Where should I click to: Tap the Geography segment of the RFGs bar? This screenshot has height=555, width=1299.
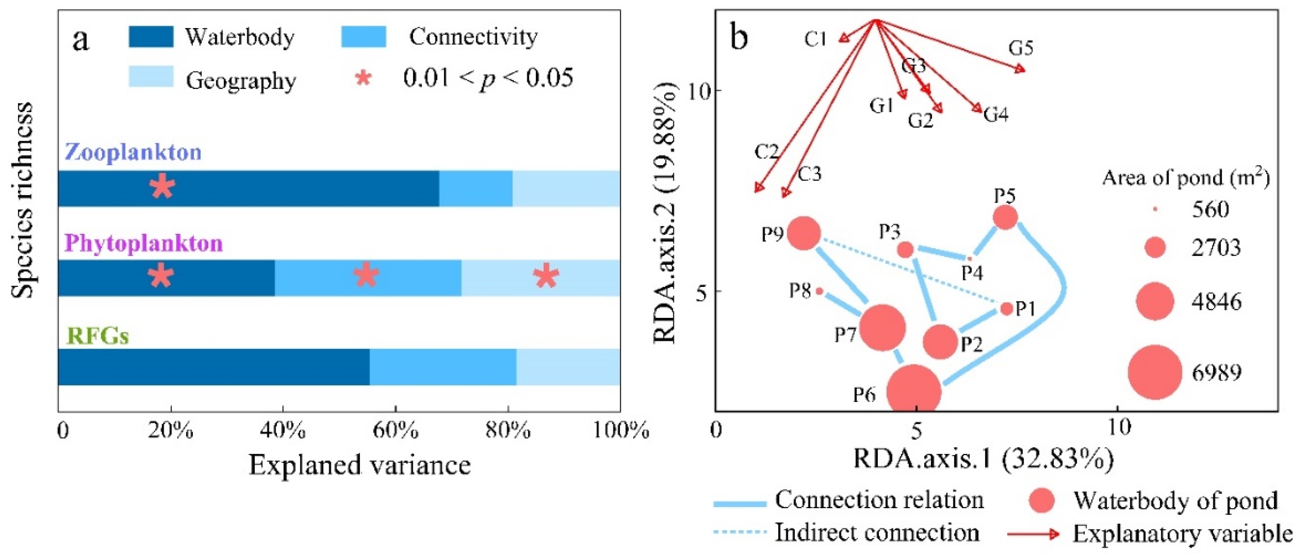[568, 366]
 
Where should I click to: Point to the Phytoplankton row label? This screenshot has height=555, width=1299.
[144, 243]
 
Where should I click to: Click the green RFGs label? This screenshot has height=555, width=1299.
[98, 336]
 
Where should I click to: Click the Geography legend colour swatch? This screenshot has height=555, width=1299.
[151, 77]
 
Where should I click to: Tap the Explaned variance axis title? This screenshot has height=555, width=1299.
[359, 465]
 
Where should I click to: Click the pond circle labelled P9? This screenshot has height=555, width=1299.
[804, 233]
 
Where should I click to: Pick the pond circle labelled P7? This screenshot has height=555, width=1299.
[882, 327]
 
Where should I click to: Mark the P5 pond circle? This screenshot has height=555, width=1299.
[1005, 217]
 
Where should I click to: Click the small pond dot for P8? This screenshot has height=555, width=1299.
[820, 291]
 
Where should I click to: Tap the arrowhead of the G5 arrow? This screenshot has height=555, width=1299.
[1020, 69]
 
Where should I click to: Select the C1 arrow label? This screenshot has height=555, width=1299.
[815, 39]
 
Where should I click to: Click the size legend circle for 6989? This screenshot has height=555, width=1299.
[1155, 373]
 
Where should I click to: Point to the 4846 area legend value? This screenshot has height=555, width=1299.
[1216, 302]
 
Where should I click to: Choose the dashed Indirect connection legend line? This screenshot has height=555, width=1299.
[740, 532]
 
